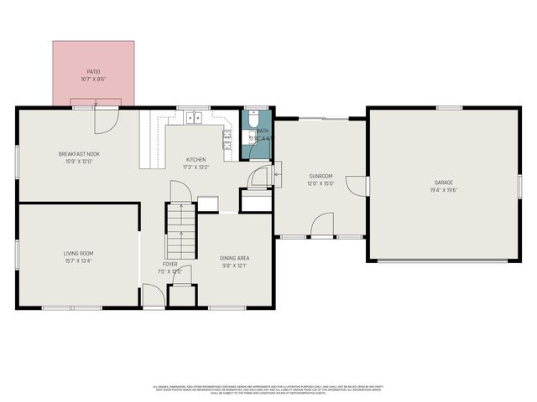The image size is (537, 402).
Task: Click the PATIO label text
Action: click(93, 72)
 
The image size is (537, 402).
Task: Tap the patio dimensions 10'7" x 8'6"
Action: click(93, 80)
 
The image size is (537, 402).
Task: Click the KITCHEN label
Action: click(196, 159)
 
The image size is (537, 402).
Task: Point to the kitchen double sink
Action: click(194, 117)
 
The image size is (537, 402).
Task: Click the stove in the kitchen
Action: click(227, 138)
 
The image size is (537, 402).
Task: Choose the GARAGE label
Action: click(444, 182)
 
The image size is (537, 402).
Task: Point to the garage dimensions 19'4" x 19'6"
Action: click(444, 189)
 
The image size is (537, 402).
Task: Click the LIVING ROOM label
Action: click(79, 253)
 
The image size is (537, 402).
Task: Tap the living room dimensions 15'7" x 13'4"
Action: click(79, 260)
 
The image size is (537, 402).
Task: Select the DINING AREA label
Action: click(234, 258)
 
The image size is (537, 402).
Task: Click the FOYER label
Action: click(170, 264)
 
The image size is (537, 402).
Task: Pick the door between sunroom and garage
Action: click(358, 185)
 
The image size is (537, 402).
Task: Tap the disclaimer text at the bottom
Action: click(268, 389)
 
